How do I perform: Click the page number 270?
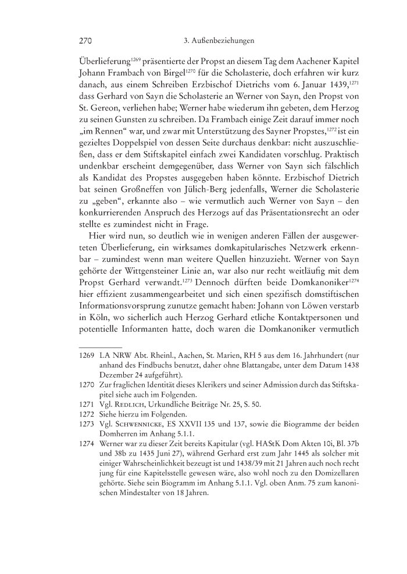86,41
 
